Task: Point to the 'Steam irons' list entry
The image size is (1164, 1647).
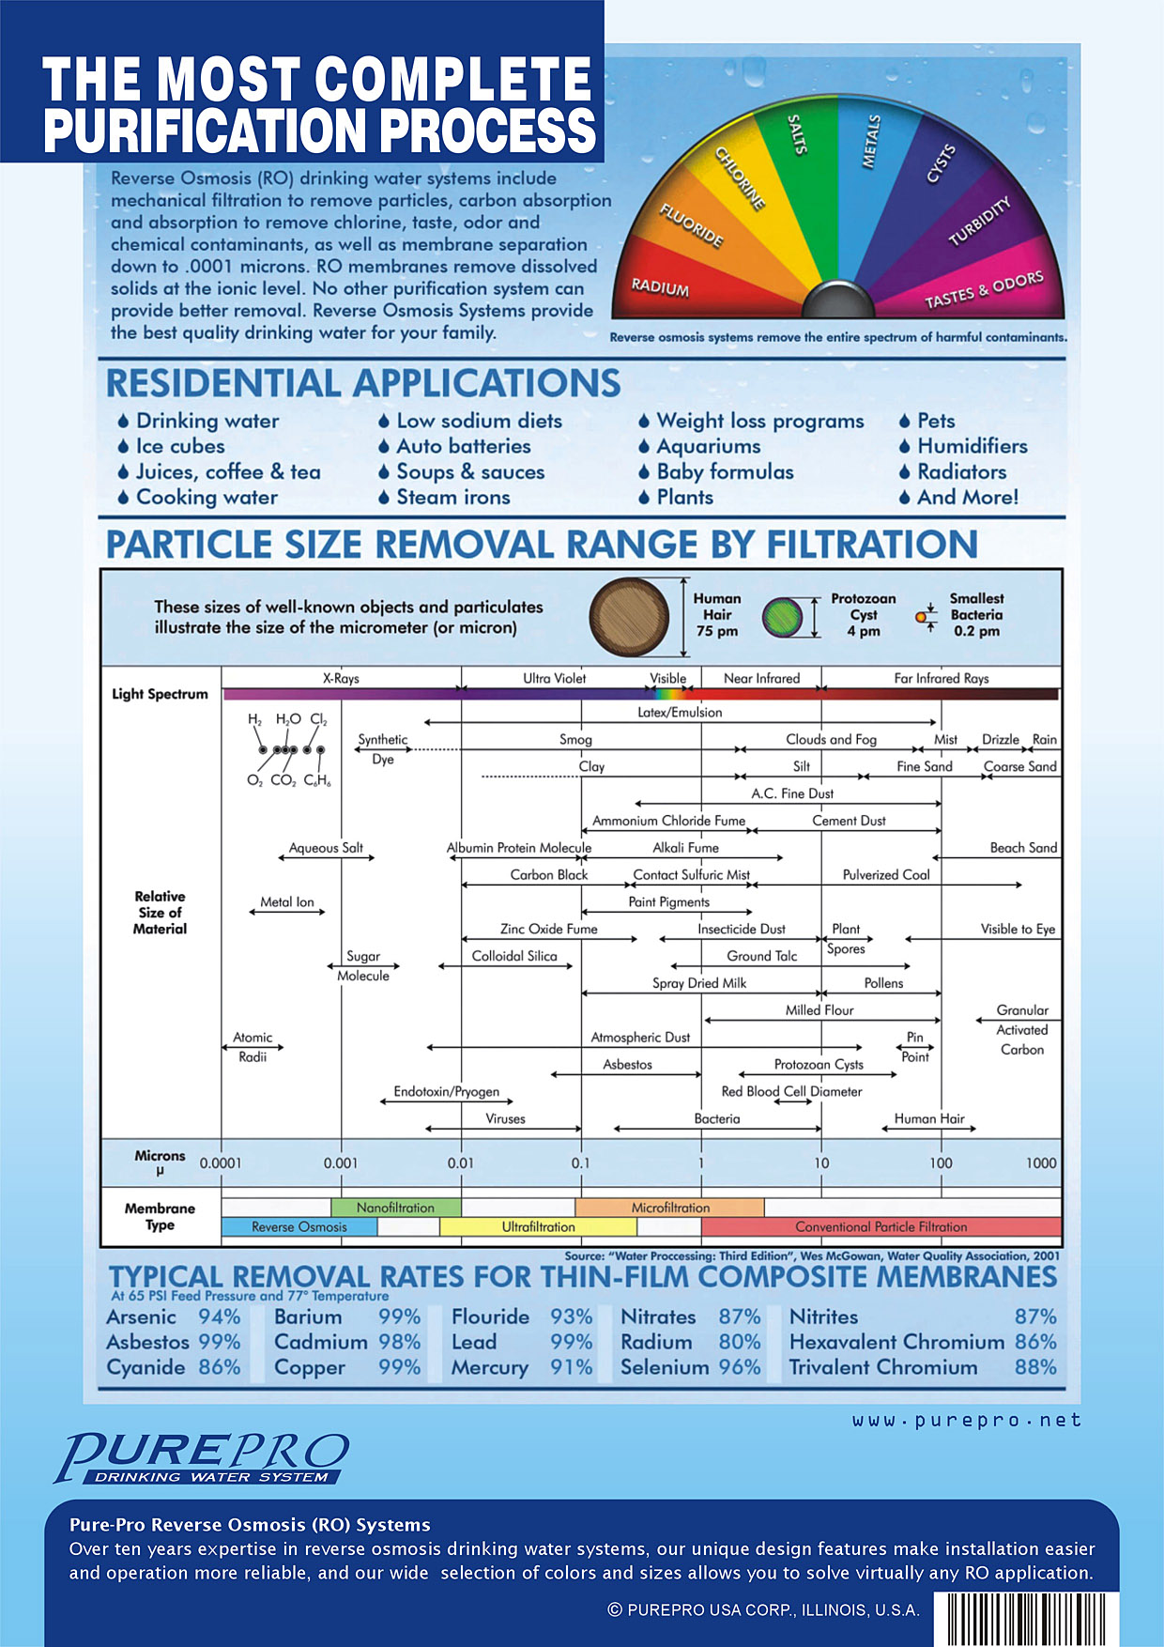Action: [x=453, y=498]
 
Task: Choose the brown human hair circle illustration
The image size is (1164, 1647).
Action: [x=629, y=617]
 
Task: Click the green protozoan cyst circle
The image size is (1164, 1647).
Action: [x=782, y=618]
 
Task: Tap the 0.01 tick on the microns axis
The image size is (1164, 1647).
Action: [x=461, y=1162]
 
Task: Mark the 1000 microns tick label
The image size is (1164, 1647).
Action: [x=1041, y=1162]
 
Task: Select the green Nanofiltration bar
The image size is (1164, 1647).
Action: [x=395, y=1208]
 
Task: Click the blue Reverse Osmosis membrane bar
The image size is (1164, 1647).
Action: [x=299, y=1226]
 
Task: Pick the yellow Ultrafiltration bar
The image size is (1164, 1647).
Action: [x=538, y=1226]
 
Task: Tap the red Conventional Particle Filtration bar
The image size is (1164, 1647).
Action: [x=881, y=1226]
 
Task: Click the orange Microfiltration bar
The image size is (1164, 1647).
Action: [x=670, y=1208]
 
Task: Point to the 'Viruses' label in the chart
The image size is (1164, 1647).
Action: [x=505, y=1118]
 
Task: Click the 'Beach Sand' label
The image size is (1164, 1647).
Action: [x=1023, y=848]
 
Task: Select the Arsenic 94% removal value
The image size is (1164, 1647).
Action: [x=220, y=1317]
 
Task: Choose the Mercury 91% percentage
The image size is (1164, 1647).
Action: [x=571, y=1368]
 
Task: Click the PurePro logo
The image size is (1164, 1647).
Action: [x=202, y=1458]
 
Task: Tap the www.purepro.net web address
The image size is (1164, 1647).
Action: [x=967, y=1421]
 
